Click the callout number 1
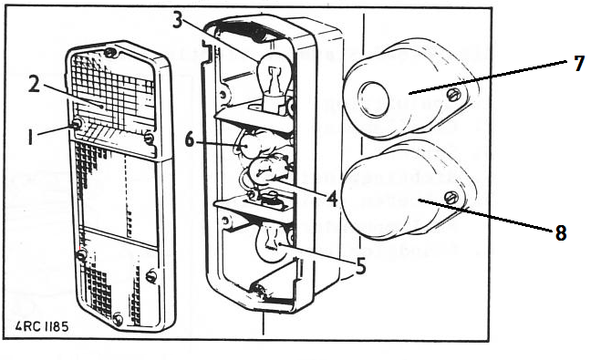[31, 137]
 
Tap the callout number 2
[35, 84]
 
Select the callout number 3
[178, 19]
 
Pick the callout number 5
[360, 265]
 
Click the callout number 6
[190, 139]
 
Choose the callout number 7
[579, 63]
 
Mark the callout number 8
[560, 232]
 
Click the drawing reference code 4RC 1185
[42, 326]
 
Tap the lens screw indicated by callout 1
[77, 124]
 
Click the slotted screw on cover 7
[453, 95]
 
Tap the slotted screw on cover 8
[451, 198]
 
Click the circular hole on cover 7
[373, 99]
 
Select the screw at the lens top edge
[110, 53]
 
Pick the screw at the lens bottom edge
[118, 319]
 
